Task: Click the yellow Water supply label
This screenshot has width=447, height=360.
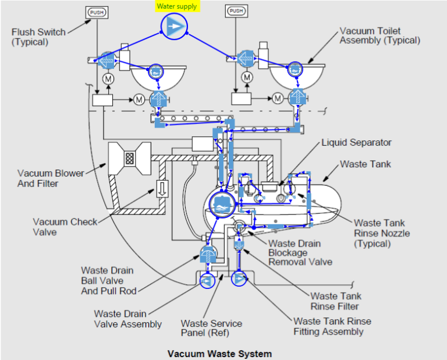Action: point(177,6)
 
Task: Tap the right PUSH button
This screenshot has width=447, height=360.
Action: point(236,11)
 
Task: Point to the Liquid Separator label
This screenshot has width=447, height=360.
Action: point(357,142)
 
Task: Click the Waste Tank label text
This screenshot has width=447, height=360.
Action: point(366,164)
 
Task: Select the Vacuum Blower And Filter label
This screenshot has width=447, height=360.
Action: point(51,178)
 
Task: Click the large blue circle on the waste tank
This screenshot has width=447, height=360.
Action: point(221,204)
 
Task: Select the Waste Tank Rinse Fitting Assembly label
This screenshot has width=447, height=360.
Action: point(332,326)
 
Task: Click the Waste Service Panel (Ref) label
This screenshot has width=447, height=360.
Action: point(211,328)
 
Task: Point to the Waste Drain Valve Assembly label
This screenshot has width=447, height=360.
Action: point(128,319)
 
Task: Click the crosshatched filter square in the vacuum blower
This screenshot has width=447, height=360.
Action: point(129,157)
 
